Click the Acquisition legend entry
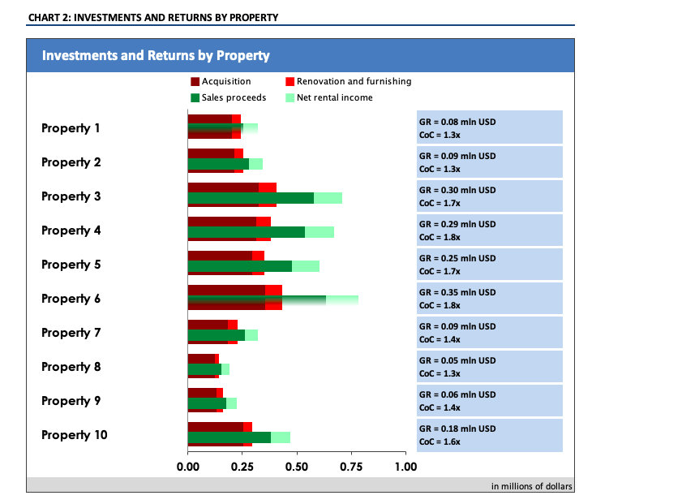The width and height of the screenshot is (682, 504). [x=221, y=81]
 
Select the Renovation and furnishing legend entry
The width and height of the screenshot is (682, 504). [x=349, y=81]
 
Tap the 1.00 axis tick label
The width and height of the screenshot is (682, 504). [x=405, y=467]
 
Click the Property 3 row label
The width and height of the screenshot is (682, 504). [x=71, y=196]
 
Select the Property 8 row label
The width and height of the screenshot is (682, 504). [x=71, y=367]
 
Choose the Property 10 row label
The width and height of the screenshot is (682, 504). [x=75, y=435]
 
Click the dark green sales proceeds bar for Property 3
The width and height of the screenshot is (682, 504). [x=250, y=198]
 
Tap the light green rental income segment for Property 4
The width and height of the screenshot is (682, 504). [x=320, y=232]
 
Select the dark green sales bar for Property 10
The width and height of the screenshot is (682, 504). [x=229, y=437]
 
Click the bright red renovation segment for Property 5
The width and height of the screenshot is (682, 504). [x=259, y=256]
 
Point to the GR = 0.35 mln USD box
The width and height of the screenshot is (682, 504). [x=489, y=299]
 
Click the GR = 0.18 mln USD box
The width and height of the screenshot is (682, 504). [x=489, y=435]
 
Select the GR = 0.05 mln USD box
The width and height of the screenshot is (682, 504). [x=489, y=367]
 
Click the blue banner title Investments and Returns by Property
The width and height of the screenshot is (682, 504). [x=156, y=56]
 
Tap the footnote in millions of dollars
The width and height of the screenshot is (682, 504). [x=531, y=486]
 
